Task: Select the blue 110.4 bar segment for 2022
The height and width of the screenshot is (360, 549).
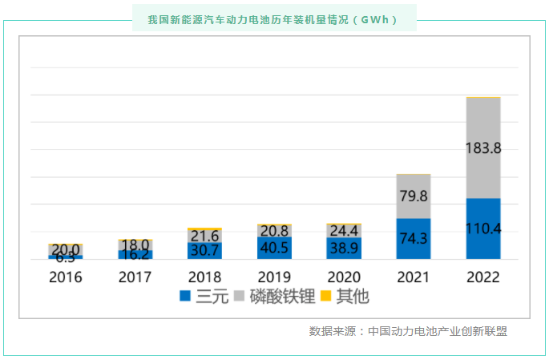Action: pyautogui.click(x=483, y=229)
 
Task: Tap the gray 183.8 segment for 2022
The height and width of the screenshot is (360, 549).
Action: pyautogui.click(x=483, y=148)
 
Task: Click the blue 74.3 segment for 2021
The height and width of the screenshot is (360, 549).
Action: pyautogui.click(x=414, y=239)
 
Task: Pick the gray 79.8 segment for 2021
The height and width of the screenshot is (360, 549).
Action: pyautogui.click(x=414, y=196)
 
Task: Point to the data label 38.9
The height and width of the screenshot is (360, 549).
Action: pyautogui.click(x=344, y=249)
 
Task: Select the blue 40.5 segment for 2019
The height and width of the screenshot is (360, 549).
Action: pyautogui.click(x=274, y=249)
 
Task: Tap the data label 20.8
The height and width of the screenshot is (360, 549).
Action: pyautogui.click(x=274, y=231)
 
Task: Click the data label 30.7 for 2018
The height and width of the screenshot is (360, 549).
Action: pyautogui.click(x=204, y=250)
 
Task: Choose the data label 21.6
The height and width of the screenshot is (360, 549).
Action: pyautogui.click(x=204, y=236)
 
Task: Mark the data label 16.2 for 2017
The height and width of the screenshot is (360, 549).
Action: pyautogui.click(x=135, y=254)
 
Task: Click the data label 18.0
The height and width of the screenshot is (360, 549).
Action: pyautogui.click(x=135, y=245)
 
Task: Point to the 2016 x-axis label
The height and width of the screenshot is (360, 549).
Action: pyautogui.click(x=66, y=277)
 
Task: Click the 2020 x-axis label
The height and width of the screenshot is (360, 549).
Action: pyautogui.click(x=344, y=277)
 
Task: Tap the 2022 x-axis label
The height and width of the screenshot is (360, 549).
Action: pyautogui.click(x=483, y=277)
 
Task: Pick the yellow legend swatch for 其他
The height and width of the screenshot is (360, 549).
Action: pyautogui.click(x=326, y=297)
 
